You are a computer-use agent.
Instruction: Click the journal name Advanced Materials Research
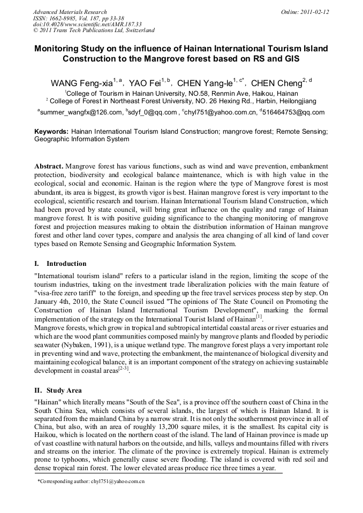tap(70, 12)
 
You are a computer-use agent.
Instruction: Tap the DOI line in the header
tap(87, 24)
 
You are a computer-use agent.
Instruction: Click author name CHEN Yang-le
tap(205, 83)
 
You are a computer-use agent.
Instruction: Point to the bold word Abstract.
tap(49, 166)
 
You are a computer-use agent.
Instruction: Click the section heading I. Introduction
tap(60, 264)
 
